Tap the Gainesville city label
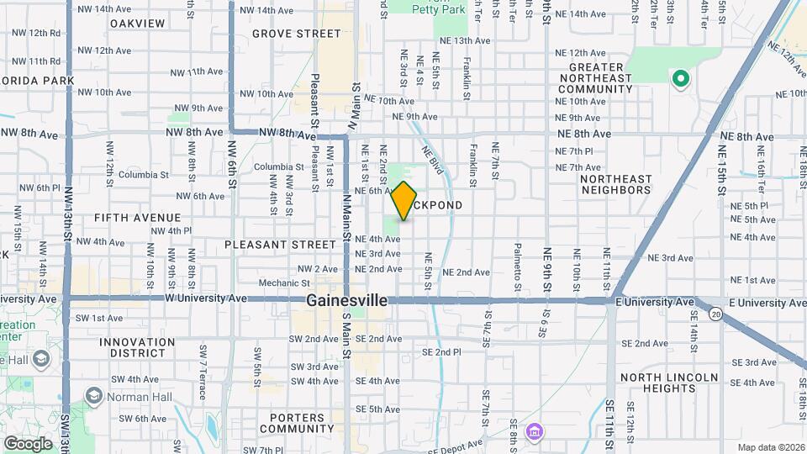tap(346, 300)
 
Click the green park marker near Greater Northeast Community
tap(679, 80)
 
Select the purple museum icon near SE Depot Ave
tap(533, 432)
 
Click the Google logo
tap(28, 444)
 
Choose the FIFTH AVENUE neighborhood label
tap(137, 218)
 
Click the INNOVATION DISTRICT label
tap(137, 348)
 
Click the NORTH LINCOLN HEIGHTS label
tap(669, 382)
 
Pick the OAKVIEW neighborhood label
tap(137, 23)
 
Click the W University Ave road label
tap(206, 298)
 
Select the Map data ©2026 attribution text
tap(769, 447)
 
